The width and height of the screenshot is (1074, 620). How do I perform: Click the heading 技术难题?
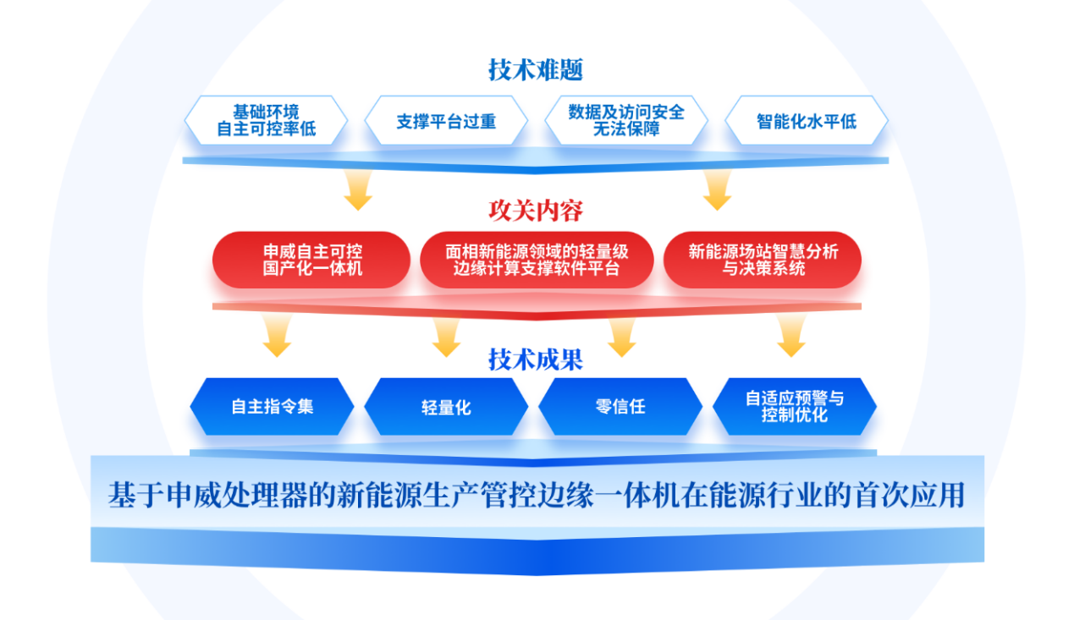point(536,69)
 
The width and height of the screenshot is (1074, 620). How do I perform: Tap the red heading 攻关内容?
point(536,210)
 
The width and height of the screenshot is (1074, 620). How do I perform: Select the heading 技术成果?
point(536,359)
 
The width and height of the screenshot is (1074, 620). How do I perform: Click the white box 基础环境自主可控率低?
point(266,121)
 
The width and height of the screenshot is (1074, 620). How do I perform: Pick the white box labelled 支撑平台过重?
point(446,121)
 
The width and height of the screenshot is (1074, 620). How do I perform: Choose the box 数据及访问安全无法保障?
point(626,121)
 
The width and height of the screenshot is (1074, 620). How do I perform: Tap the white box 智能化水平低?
point(806,121)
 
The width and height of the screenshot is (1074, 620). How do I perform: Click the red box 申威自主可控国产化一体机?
point(311,261)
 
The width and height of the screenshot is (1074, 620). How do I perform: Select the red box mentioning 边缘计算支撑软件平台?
point(537,261)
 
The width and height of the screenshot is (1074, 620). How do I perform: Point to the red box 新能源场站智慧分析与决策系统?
point(762,261)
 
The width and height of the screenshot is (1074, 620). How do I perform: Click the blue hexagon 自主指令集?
point(272,407)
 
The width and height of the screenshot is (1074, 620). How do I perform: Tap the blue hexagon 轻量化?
point(446,407)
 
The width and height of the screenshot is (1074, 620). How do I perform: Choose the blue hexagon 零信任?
point(620,407)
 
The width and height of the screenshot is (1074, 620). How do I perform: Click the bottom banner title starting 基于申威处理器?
point(537,495)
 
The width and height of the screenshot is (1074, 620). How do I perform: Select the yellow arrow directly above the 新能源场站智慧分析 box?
point(717,191)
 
